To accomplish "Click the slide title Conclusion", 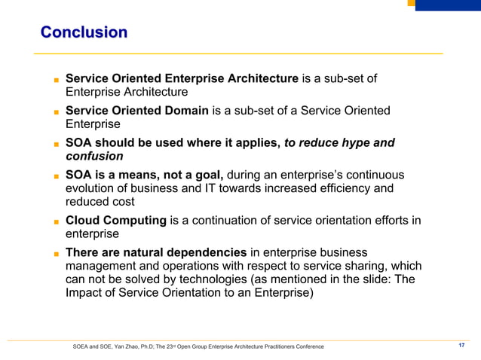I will [x=84, y=32].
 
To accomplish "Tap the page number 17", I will [x=462, y=346].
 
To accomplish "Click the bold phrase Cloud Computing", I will [x=115, y=221].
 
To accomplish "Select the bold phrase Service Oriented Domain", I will [x=137, y=111].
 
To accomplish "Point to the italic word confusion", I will [x=94, y=157].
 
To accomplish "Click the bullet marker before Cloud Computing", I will [x=56, y=222].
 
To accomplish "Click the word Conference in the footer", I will [x=308, y=346].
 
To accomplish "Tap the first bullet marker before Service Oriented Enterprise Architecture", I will [x=56, y=80].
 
